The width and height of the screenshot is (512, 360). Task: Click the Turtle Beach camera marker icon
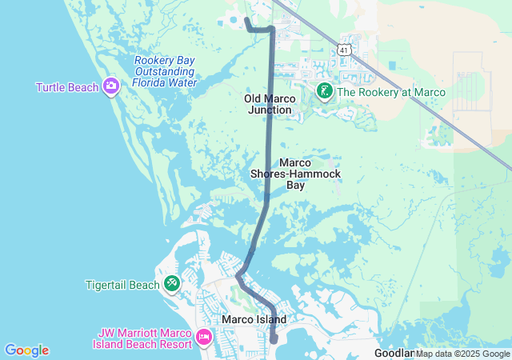click(x=110, y=86)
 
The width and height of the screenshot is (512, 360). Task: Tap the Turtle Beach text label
click(x=67, y=86)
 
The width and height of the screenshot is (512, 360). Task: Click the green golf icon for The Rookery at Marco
click(x=324, y=91)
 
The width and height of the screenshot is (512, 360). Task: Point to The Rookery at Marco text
click(x=390, y=92)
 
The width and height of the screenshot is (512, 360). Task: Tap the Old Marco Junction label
click(x=270, y=104)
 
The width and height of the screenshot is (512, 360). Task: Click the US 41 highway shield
click(x=344, y=49)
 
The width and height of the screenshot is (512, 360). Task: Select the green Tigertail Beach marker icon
click(x=172, y=284)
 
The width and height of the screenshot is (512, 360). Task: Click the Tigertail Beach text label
click(x=122, y=285)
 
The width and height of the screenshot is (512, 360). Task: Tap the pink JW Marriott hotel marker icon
click(x=203, y=338)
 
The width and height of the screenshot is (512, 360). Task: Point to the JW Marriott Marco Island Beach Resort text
click(x=145, y=338)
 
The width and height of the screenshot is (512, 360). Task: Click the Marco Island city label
click(x=254, y=319)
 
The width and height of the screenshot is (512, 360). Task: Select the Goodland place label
click(x=394, y=353)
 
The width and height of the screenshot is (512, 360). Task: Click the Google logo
click(x=26, y=350)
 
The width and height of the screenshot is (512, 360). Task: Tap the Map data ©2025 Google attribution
click(x=462, y=354)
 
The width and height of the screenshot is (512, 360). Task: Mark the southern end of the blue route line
click(x=274, y=340)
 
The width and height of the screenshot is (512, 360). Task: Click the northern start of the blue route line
click(x=246, y=19)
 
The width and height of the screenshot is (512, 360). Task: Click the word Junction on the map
click(x=270, y=110)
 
